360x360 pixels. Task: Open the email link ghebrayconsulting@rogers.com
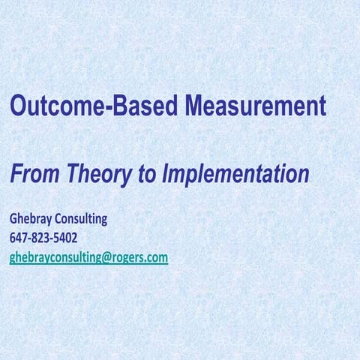(88, 257)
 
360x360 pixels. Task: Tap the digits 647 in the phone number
(19, 238)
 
